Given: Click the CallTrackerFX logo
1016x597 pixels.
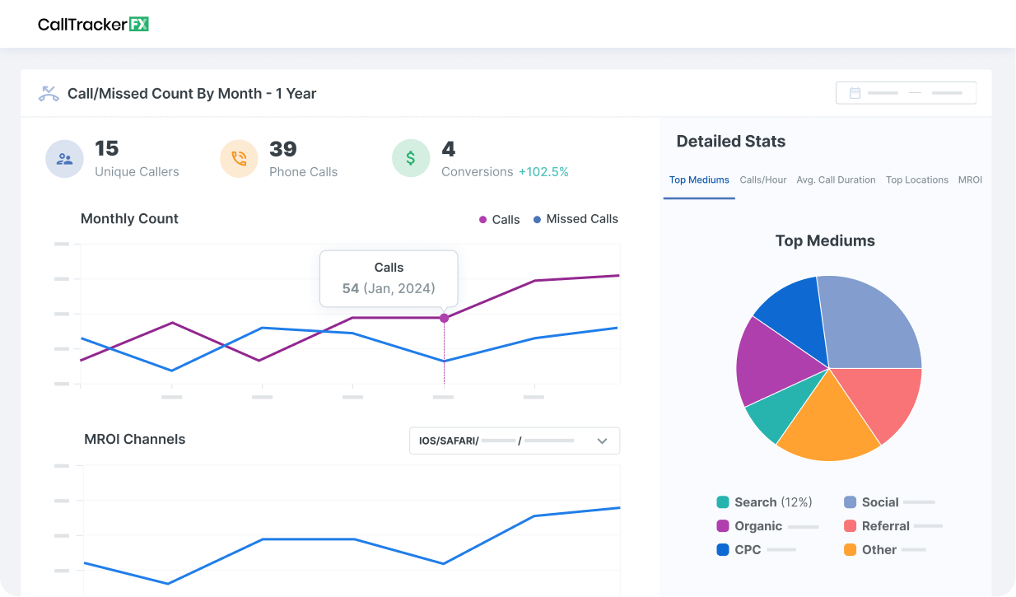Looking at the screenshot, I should (x=93, y=24).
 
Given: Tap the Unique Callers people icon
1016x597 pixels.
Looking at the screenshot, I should (x=64, y=159).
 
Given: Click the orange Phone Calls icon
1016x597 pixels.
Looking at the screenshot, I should (x=239, y=159).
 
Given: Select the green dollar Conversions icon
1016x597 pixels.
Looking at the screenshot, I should (x=411, y=158).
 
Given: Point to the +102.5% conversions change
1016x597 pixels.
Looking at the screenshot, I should (x=543, y=172).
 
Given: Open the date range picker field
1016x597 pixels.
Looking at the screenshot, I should (x=906, y=93).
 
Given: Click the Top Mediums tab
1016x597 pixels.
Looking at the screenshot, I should (x=699, y=180).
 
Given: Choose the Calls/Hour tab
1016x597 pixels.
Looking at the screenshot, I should (x=763, y=180).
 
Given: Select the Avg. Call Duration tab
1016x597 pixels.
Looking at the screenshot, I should (x=836, y=180).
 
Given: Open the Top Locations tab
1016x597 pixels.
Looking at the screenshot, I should (x=916, y=180).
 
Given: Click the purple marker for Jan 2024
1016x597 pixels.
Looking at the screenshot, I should (x=444, y=318).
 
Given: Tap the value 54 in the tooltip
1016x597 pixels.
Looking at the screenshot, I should (x=351, y=288).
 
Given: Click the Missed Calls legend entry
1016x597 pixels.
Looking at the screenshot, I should (x=576, y=219).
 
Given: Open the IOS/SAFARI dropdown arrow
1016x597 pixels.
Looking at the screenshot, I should (x=602, y=441).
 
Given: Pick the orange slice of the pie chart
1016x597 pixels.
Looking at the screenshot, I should (x=827, y=424).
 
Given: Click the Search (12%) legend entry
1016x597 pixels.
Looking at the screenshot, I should (x=764, y=502).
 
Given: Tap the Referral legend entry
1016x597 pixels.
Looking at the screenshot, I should (x=884, y=526).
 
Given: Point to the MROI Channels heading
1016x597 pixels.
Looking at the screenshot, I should (x=135, y=440).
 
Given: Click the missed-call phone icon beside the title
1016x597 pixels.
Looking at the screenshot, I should (x=49, y=94).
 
